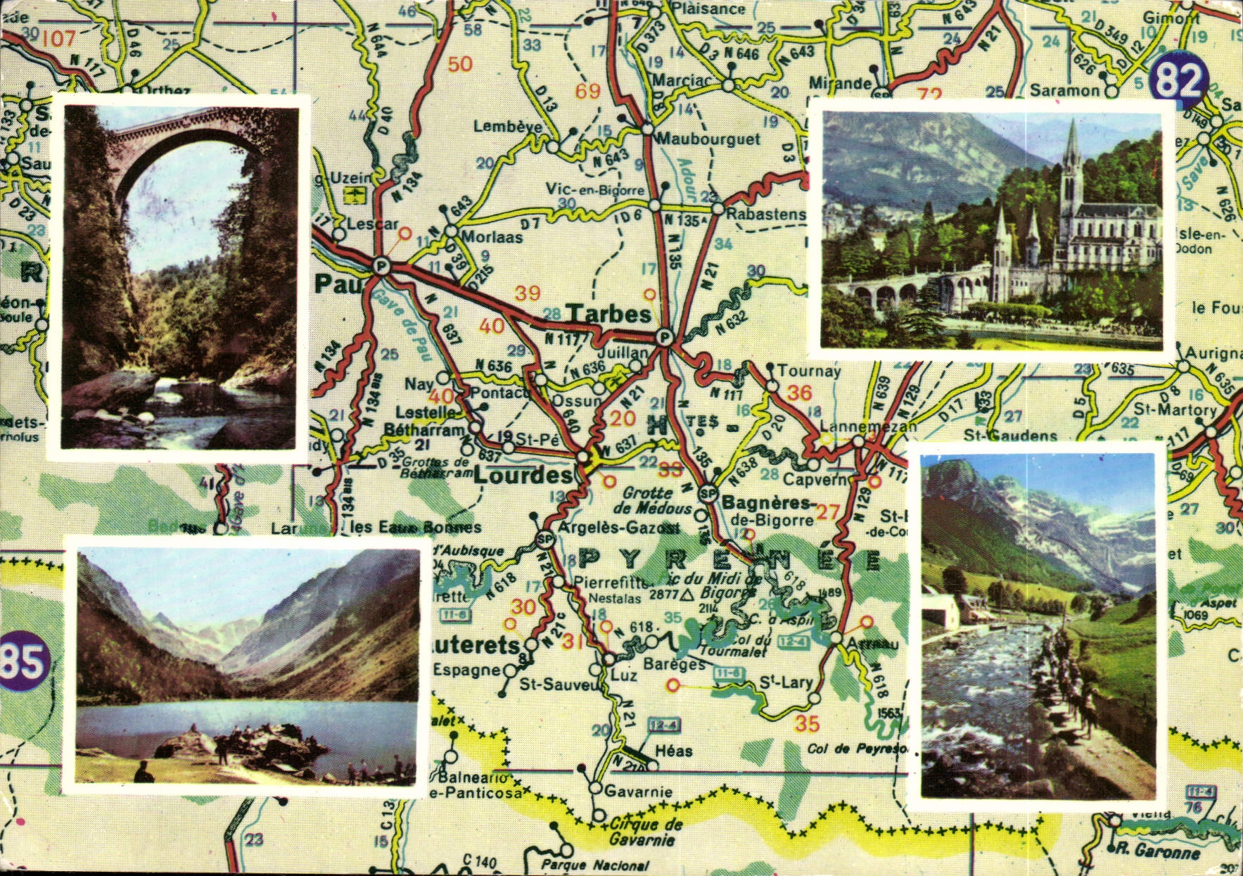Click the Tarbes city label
pos(608,314)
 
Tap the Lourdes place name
pos(523,476)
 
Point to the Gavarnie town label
pos(638,792)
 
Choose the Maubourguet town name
pos(708,139)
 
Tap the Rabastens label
pos(765,213)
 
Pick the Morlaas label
pos(492,237)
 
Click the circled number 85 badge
pos(23,663)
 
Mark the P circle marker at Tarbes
pos(663,338)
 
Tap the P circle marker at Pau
pos(381,266)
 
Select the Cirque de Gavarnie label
pos(646,832)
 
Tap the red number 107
pos(58,37)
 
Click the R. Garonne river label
pos(1157,851)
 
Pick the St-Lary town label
pos(786,683)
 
